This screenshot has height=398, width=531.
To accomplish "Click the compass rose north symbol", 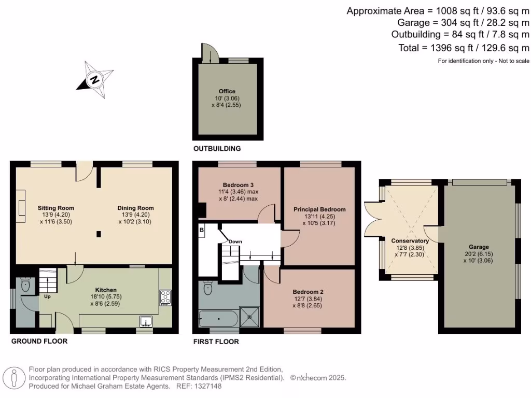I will point(94,80).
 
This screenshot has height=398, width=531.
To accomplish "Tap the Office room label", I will point(227,91).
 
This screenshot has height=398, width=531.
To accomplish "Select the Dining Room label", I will point(135,208).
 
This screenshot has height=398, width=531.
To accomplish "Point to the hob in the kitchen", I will point(165,297).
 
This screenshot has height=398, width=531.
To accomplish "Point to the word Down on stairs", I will point(235,241).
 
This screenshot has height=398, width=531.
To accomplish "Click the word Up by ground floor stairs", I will point(47,297).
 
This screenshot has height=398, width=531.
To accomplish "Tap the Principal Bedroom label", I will point(319,209).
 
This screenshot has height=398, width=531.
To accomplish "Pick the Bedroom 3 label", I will point(238,185).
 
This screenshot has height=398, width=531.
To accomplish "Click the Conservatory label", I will point(410,241).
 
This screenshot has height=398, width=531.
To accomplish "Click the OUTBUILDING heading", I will point(217,149).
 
